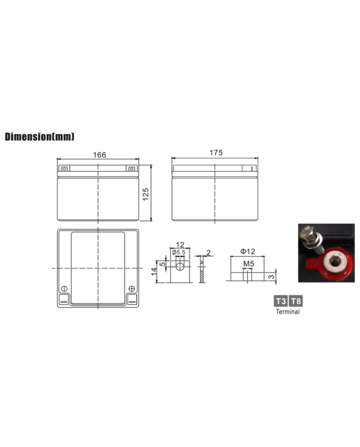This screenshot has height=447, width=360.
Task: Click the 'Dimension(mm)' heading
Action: (x=40, y=136)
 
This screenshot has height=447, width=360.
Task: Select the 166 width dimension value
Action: (x=99, y=155)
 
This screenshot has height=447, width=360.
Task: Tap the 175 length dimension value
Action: (x=216, y=153)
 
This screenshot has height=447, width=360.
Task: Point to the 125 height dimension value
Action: (x=146, y=194)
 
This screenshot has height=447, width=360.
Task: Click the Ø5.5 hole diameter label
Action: (x=179, y=252)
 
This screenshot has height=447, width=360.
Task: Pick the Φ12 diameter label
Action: (x=247, y=251)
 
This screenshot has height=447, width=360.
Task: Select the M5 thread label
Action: (x=248, y=264)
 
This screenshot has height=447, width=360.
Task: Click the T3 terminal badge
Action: (x=281, y=301)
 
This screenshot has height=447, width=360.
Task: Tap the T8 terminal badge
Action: (x=296, y=301)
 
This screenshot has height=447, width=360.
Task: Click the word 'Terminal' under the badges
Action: (x=287, y=312)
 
